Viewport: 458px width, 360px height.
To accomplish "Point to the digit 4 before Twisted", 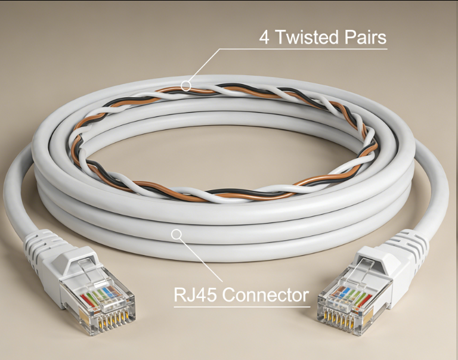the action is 264,38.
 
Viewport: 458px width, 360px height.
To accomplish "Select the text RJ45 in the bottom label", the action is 195,294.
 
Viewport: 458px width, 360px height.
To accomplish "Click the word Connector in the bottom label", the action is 265,294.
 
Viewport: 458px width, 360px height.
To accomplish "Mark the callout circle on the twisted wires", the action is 186,86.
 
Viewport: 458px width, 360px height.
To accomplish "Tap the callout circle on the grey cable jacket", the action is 176,234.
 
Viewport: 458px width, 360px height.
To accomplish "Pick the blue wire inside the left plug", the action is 112,291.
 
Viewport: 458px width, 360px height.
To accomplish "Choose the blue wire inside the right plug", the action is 344,292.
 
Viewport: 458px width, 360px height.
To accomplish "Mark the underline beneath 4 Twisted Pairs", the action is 303,49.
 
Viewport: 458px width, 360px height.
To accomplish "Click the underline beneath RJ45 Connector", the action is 242,306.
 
